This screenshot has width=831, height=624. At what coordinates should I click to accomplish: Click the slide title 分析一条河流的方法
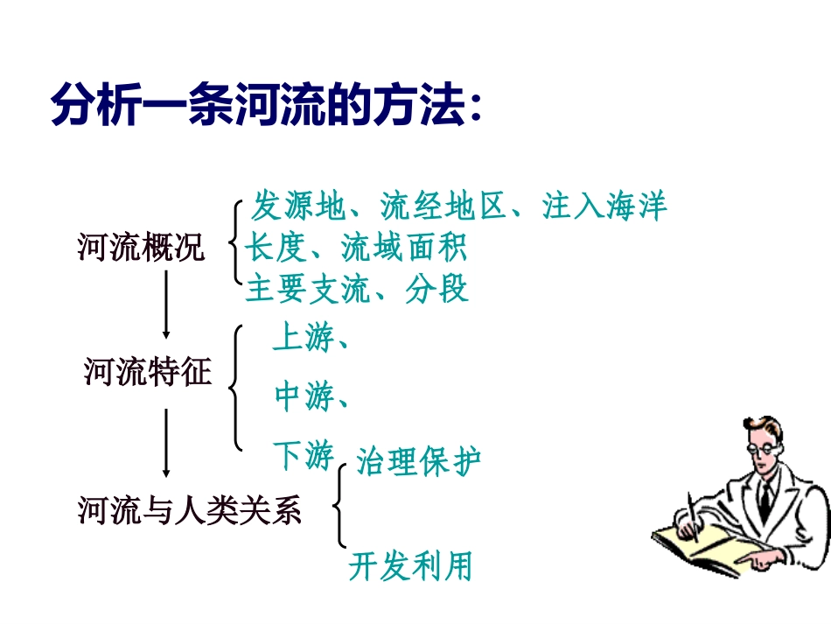coord(267,107)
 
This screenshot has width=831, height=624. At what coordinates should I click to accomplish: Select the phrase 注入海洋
coord(604,207)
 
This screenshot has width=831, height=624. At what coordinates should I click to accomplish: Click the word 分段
coord(437,289)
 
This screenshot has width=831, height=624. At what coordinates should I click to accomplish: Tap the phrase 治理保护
coord(418,461)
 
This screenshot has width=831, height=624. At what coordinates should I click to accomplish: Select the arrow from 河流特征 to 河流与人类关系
coord(166,442)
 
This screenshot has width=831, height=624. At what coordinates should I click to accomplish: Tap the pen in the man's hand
coord(693,516)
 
